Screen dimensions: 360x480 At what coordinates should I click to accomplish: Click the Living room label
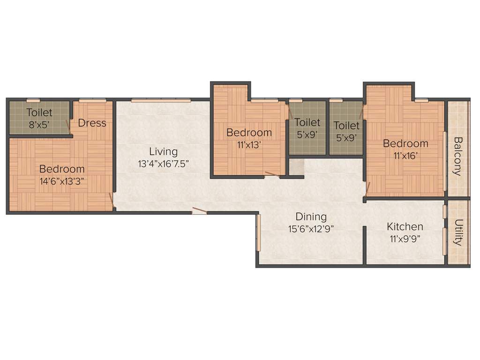point(164,152)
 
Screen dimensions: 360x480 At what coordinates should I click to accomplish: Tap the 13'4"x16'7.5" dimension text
point(164,164)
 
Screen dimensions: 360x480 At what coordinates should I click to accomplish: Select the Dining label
point(311,217)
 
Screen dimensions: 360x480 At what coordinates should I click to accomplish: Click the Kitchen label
point(405,227)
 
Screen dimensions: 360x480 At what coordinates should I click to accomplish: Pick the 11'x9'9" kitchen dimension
point(405,239)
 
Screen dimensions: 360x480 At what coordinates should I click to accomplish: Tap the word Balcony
point(458,156)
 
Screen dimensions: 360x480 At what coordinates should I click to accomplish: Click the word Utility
point(458,232)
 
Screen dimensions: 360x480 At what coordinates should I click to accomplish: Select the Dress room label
point(92,123)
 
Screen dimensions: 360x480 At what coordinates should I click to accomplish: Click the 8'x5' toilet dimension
point(39,125)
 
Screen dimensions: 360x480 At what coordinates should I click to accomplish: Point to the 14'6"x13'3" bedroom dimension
point(62,181)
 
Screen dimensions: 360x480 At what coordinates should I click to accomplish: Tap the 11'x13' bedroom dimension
point(249,145)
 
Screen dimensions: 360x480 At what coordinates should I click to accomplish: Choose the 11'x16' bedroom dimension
point(405,156)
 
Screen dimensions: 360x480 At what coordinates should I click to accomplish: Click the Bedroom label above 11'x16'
point(405,143)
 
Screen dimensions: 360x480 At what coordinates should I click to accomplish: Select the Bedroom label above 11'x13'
point(249,133)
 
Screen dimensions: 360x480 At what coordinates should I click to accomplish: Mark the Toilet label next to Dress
point(39,112)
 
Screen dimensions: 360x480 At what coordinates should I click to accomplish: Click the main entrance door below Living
point(199,211)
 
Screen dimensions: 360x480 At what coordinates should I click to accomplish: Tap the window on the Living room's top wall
point(161,100)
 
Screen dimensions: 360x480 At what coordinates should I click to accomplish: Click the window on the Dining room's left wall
point(258,232)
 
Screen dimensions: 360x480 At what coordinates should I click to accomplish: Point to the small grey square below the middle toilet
point(296,165)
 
